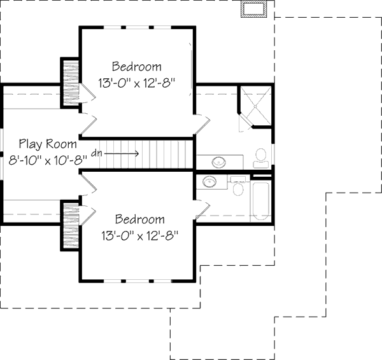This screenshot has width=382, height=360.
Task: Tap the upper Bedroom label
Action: coord(136,67)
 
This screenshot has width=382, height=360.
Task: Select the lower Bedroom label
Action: coord(139,220)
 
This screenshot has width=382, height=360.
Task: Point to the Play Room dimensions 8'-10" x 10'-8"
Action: coord(48,160)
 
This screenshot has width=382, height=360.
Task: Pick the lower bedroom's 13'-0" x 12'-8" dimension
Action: coord(139,236)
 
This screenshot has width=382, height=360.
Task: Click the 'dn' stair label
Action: coord(97,153)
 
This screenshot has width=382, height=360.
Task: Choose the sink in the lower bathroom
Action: coord(209,183)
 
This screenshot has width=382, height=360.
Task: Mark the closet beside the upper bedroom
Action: coord(69,82)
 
